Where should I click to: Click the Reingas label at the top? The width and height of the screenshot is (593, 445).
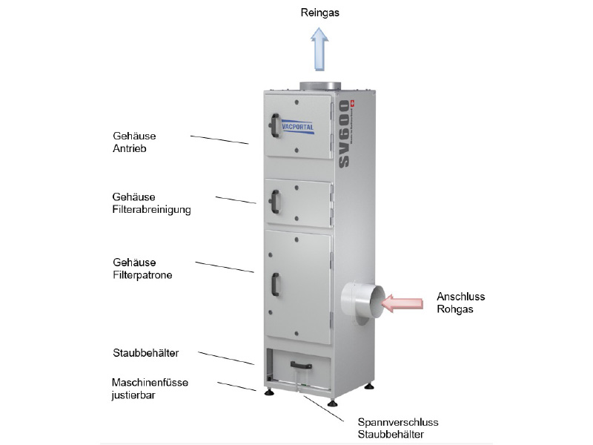(319, 13)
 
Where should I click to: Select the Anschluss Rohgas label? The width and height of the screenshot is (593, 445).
(461, 303)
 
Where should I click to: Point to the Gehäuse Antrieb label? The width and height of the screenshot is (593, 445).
(135, 142)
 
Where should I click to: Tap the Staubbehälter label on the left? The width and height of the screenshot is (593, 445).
(147, 352)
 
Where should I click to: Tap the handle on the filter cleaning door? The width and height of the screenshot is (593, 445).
(275, 202)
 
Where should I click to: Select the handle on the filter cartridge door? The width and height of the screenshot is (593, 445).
(276, 286)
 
